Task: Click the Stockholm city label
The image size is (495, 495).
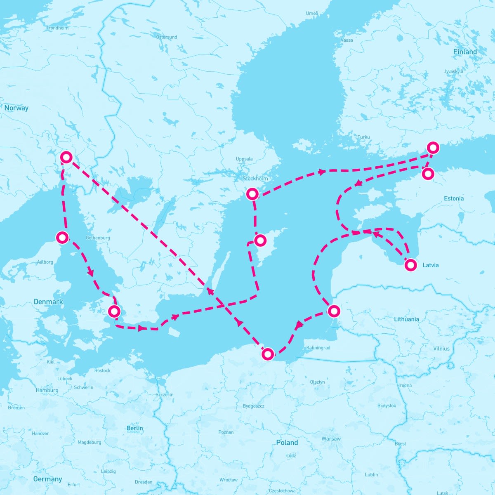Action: (x=255, y=179)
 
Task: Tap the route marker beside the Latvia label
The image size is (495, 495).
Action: (x=411, y=265)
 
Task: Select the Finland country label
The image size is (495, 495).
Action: (x=465, y=52)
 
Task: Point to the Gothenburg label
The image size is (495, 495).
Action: (x=98, y=238)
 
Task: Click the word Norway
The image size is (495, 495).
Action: (x=16, y=108)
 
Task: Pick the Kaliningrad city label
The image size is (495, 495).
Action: (x=318, y=348)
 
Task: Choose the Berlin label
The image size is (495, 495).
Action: (x=135, y=428)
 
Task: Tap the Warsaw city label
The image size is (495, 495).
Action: (x=331, y=438)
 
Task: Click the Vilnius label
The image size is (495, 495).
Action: (x=441, y=349)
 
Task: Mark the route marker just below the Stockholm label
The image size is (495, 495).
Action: (x=252, y=193)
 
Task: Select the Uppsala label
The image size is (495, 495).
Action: (x=244, y=159)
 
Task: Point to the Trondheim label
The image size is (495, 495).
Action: (x=57, y=28)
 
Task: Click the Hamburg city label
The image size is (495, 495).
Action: (x=47, y=390)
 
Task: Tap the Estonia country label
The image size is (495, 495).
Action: (x=454, y=198)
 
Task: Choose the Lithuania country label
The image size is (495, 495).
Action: (x=406, y=319)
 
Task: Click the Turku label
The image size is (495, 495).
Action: (x=364, y=137)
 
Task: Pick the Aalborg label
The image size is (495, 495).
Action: (x=45, y=262)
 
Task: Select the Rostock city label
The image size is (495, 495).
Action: (x=102, y=370)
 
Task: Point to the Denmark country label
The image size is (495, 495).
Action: (x=48, y=302)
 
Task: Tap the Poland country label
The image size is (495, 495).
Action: (x=287, y=443)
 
